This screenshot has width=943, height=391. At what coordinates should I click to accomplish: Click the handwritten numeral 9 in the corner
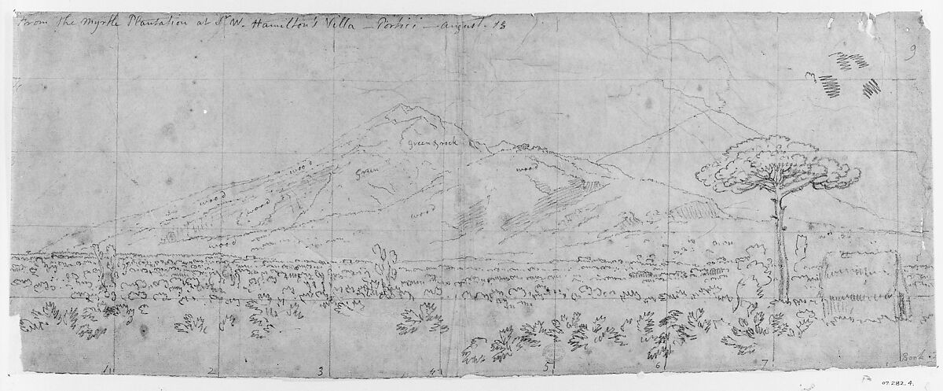pos(911,53)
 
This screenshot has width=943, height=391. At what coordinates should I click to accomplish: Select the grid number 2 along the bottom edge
pos(210,371)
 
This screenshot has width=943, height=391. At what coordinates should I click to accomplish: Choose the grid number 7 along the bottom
pos(764,363)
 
